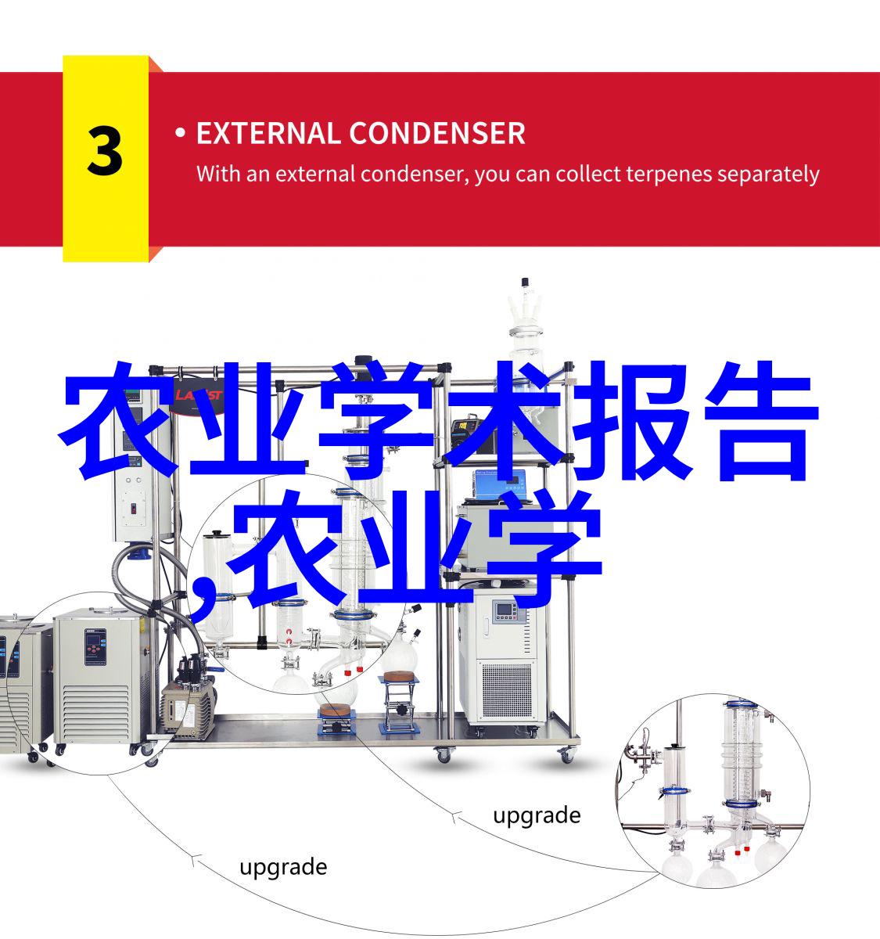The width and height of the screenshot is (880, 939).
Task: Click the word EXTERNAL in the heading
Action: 268,133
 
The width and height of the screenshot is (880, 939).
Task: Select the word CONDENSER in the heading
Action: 437,133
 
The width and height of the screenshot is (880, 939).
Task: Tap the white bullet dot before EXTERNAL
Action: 180,133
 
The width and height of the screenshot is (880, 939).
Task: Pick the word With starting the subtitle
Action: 218,174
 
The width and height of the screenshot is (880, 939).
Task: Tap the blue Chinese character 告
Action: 761,420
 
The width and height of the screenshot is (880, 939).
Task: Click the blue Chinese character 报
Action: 632,420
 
